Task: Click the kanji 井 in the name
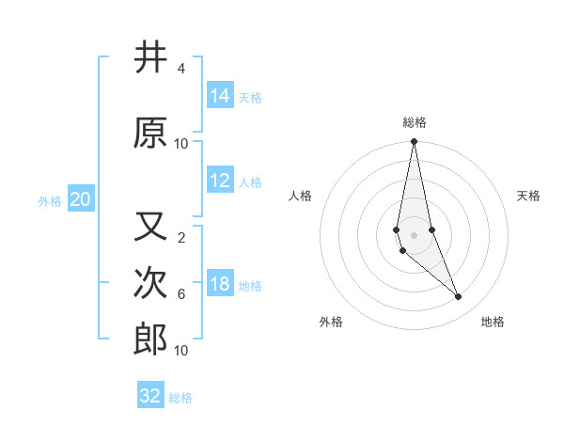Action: click(150, 58)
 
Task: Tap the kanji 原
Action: click(150, 133)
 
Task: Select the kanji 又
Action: click(150, 227)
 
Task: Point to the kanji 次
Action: click(150, 283)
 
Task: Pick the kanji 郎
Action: click(150, 339)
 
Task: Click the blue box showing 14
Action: click(220, 96)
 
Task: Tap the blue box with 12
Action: click(220, 181)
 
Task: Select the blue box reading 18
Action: click(220, 284)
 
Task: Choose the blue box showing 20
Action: click(81, 199)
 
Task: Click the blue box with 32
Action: click(150, 396)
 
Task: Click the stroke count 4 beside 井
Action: click(180, 69)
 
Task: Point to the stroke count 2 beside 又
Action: click(180, 237)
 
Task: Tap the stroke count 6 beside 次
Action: click(180, 294)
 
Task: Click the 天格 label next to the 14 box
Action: click(250, 97)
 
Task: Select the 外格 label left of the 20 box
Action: click(50, 200)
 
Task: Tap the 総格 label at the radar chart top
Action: click(415, 121)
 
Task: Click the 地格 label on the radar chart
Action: click(493, 322)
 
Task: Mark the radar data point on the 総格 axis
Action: click(415, 142)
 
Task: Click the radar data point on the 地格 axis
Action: click(459, 297)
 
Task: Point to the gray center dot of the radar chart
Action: click(415, 235)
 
